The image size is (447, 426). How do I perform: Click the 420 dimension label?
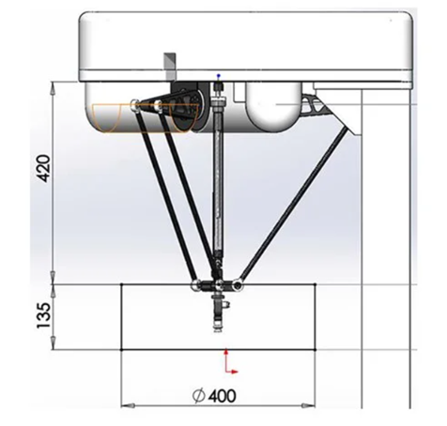pyautogui.click(x=43, y=168)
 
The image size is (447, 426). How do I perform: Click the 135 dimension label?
pyautogui.click(x=43, y=315)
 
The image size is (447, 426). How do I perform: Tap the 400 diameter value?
pyautogui.click(x=222, y=396)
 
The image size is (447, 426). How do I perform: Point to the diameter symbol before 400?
pyautogui.click(x=199, y=396)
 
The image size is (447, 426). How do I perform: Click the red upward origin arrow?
pyautogui.click(x=225, y=359)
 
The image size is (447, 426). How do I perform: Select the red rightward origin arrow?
pyautogui.click(x=232, y=372)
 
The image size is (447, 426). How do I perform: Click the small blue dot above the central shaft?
pyautogui.click(x=219, y=76)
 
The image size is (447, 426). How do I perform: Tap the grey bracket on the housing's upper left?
pyautogui.click(x=170, y=66)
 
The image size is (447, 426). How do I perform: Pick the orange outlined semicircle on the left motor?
pyautogui.click(x=107, y=117)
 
